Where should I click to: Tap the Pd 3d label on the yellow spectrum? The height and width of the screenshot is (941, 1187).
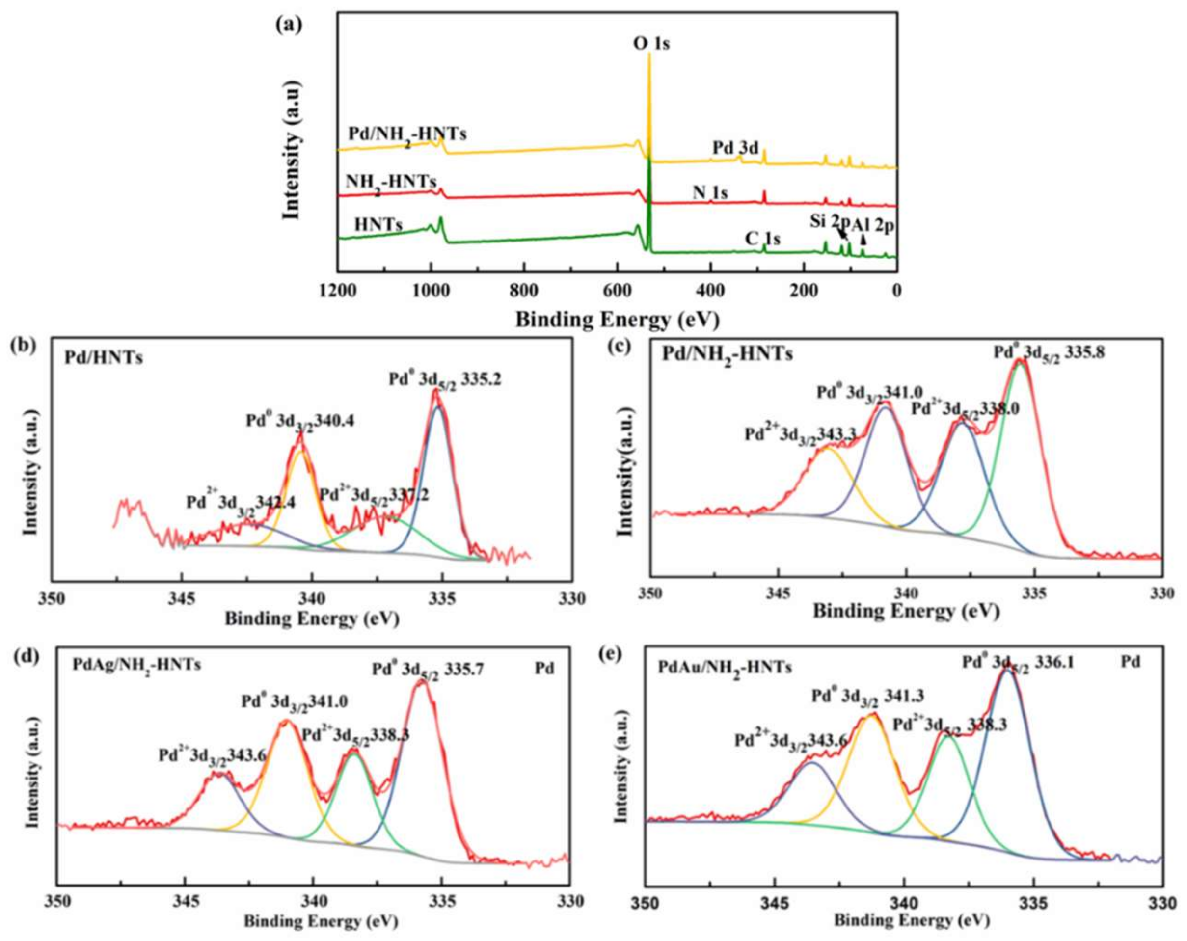point(735,148)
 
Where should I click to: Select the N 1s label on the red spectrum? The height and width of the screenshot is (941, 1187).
point(710,193)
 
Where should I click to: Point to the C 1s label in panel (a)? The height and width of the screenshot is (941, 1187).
point(762,239)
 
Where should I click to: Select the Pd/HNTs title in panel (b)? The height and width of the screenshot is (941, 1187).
point(104,358)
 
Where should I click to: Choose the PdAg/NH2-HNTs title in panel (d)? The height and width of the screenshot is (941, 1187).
point(136,665)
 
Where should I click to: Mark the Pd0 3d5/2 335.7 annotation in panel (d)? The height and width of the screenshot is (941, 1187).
point(428,670)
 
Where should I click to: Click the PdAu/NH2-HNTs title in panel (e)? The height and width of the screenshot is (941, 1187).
point(725,668)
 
